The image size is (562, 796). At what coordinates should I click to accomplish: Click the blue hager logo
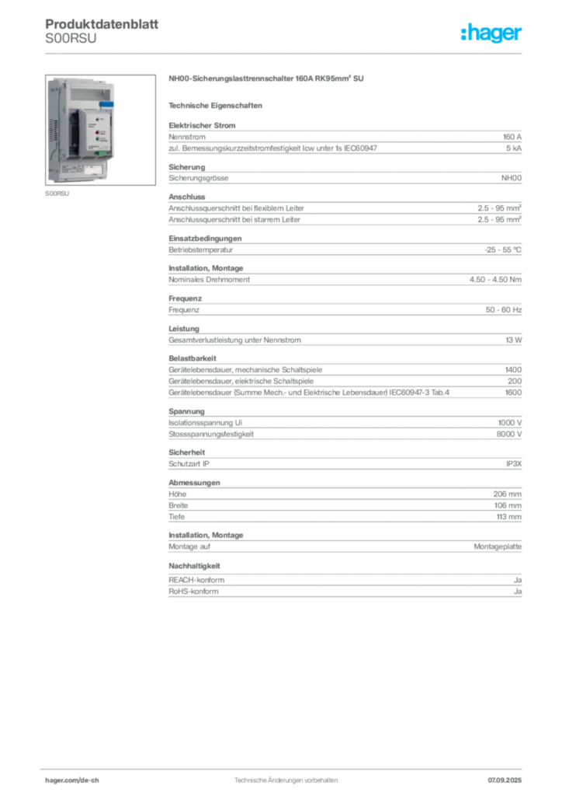pos(492,33)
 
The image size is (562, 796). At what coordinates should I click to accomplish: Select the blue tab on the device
pos(106,103)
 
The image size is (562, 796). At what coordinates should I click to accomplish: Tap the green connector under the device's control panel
pos(100,153)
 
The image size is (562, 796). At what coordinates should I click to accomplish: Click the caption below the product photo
pos(59,195)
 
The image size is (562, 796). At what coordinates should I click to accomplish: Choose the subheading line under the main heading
pos(217,105)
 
